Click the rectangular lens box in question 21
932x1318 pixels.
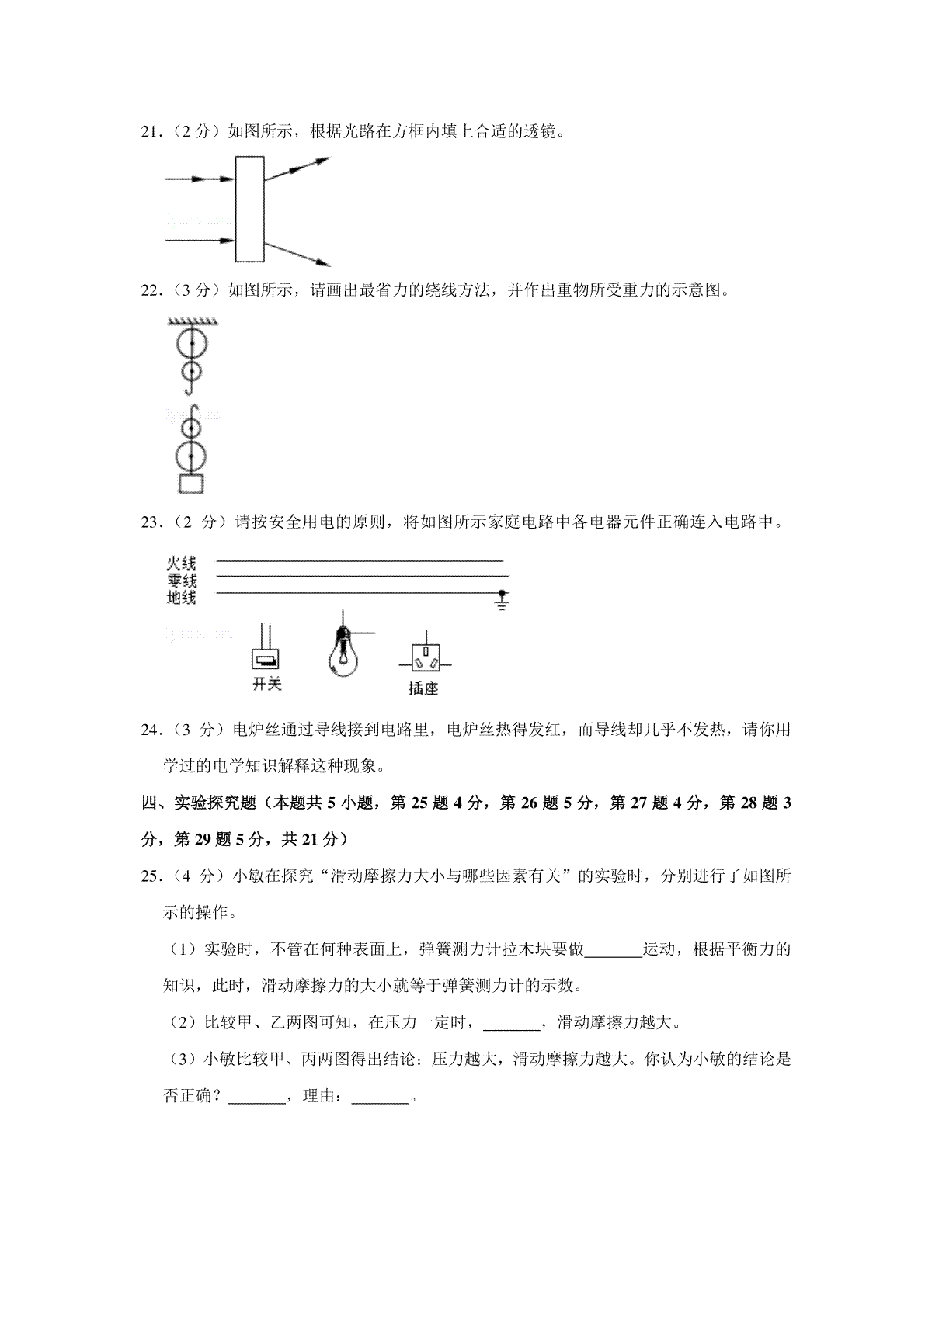click(x=249, y=210)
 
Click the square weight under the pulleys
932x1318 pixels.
click(x=191, y=484)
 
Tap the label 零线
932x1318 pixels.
click(x=181, y=581)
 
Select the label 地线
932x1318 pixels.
click(x=181, y=598)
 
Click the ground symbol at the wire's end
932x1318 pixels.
click(x=502, y=602)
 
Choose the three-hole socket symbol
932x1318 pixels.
click(x=424, y=661)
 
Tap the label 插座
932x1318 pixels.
click(x=423, y=688)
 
